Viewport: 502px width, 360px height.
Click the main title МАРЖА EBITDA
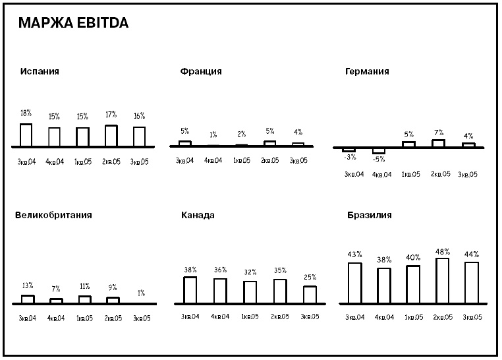74,24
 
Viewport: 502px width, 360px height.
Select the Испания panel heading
40,71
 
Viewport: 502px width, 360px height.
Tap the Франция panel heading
200,71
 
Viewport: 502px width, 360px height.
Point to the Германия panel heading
367,71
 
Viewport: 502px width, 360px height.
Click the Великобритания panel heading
53,215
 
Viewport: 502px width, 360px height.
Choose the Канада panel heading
198,215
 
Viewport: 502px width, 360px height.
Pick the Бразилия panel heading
370,215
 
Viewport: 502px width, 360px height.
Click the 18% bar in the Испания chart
26,135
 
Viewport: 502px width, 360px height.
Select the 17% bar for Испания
111,136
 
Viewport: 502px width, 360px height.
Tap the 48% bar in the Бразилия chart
443,281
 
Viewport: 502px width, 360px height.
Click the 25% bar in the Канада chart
310,295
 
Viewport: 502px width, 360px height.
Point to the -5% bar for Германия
379,151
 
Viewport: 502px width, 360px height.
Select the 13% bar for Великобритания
28,299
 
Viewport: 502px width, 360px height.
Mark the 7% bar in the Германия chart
438,143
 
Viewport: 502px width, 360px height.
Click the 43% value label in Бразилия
355,255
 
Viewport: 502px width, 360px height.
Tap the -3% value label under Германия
349,158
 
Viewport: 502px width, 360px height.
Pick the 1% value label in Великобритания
141,293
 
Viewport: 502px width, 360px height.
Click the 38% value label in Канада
190,270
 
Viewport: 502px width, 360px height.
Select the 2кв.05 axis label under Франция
270,161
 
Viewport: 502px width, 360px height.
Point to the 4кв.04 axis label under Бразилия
384,318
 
